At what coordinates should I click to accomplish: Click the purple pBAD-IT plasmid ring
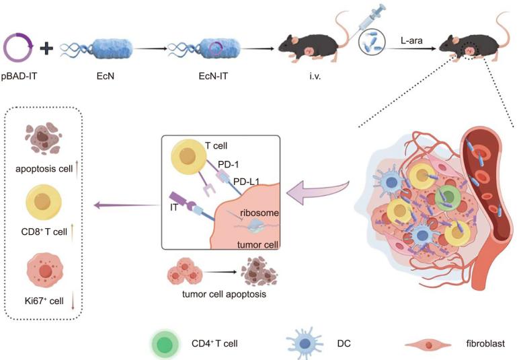[21, 48]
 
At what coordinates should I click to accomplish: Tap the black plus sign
[46, 48]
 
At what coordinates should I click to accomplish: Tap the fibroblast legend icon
[430, 344]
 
